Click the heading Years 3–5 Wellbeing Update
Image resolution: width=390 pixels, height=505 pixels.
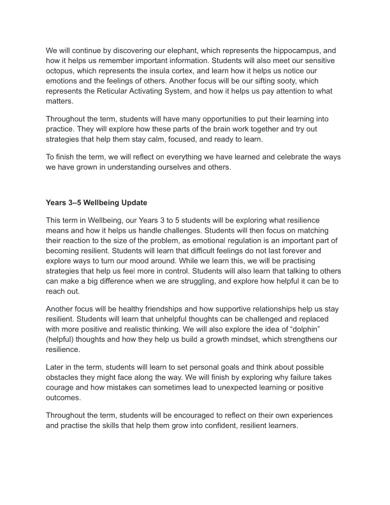(x=96, y=204)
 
